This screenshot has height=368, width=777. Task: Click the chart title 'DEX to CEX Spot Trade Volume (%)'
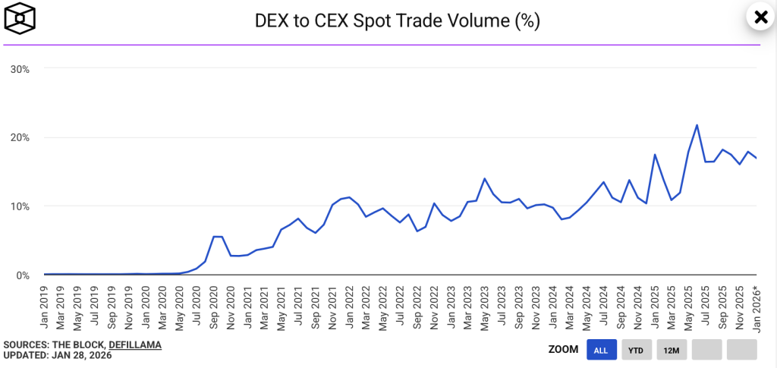pos(397,20)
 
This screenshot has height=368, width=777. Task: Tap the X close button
pos(760,17)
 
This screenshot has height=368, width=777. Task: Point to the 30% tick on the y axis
pos(20,69)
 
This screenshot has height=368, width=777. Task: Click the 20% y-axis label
pos(20,137)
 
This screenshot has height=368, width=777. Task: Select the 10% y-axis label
pos(20,206)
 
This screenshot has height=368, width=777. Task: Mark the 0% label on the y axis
pos(22,275)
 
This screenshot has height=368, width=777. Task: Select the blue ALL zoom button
pos(601,350)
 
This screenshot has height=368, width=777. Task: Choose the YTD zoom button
pos(637,350)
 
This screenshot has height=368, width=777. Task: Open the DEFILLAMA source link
pos(135,345)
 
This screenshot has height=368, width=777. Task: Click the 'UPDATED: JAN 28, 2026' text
pos(58,356)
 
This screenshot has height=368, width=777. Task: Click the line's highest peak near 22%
pos(697,125)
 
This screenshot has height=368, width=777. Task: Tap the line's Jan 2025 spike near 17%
pos(655,155)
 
